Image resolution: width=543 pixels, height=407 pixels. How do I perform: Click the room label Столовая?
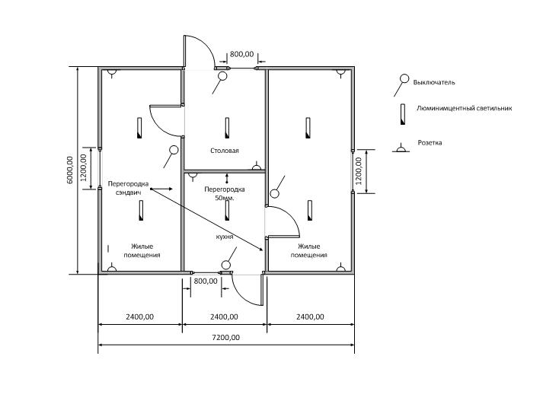click(x=225, y=151)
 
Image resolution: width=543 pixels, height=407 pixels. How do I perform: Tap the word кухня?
click(x=225, y=237)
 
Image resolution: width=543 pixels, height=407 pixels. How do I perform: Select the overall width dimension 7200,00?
click(x=225, y=338)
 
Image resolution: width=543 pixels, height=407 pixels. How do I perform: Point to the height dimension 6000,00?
click(x=70, y=170)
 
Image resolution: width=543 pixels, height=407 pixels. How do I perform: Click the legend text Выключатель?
click(x=434, y=82)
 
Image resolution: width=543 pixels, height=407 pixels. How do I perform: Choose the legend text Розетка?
click(x=430, y=142)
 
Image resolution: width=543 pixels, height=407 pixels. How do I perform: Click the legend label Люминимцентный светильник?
click(x=464, y=108)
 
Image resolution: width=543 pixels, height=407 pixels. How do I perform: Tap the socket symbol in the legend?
click(x=401, y=148)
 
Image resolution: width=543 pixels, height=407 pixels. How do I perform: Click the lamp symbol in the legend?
click(x=402, y=114)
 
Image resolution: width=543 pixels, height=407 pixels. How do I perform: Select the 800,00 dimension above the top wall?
click(x=241, y=54)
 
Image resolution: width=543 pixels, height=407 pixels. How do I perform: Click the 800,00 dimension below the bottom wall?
click(x=206, y=281)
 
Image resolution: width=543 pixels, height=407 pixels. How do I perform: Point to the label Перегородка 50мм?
click(x=225, y=194)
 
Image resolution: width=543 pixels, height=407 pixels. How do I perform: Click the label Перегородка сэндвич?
click(x=128, y=188)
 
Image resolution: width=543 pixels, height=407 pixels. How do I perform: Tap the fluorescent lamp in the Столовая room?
click(x=227, y=128)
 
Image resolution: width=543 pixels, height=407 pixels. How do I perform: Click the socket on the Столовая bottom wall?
click(x=256, y=167)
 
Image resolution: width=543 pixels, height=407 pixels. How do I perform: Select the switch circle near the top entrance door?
click(x=222, y=76)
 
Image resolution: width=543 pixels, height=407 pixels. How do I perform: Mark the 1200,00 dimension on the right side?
click(x=359, y=171)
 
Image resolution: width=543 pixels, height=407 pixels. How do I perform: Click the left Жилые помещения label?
click(x=142, y=251)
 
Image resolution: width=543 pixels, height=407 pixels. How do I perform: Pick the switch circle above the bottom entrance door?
click(x=225, y=266)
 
